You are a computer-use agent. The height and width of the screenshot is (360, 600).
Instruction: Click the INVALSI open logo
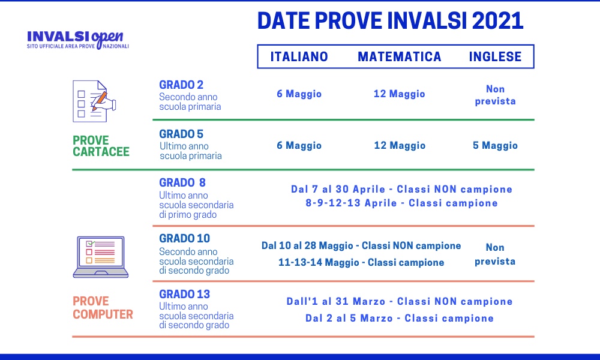coord(78,38)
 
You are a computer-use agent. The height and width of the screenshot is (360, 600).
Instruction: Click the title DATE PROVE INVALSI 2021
coord(390,21)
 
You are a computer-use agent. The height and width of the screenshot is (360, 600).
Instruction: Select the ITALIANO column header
coord(299,57)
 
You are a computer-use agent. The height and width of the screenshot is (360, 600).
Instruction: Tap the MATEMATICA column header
coord(399,57)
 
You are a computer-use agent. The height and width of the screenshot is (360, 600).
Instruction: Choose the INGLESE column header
coord(495,57)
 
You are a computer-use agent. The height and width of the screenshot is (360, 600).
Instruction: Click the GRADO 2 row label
coord(181,85)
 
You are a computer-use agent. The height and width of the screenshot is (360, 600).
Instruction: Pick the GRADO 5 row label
coord(181,134)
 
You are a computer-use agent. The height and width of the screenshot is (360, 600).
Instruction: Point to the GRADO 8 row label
coord(182,182)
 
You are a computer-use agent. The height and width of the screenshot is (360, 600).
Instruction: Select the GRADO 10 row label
coord(184,239)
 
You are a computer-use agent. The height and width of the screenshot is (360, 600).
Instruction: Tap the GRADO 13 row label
coord(184,295)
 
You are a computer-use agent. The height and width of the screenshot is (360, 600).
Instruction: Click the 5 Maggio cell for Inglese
coord(495,146)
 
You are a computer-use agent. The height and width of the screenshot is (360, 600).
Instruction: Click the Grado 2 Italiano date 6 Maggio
coord(299,94)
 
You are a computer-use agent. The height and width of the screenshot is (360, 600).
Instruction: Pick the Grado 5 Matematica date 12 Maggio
coord(399,146)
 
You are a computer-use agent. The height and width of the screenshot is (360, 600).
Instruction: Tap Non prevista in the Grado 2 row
coord(495,95)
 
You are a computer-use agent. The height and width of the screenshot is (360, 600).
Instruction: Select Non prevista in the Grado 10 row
coord(495,254)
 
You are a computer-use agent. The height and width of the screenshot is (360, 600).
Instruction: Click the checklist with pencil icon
coord(94,101)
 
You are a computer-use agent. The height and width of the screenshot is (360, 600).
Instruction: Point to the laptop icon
coord(101,257)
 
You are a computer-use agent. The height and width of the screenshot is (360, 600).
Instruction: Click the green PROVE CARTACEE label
coord(101,146)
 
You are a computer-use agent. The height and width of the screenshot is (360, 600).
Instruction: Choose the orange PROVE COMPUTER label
coord(103,308)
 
